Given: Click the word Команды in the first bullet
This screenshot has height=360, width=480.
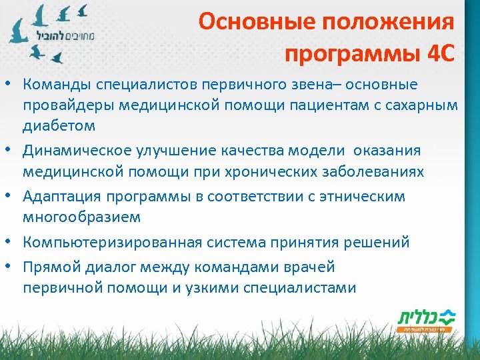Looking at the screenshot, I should [x=57, y=85].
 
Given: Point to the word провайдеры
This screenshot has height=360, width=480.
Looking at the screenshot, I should [x=67, y=105].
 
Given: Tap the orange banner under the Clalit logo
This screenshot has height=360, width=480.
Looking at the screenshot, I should [x=425, y=329].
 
